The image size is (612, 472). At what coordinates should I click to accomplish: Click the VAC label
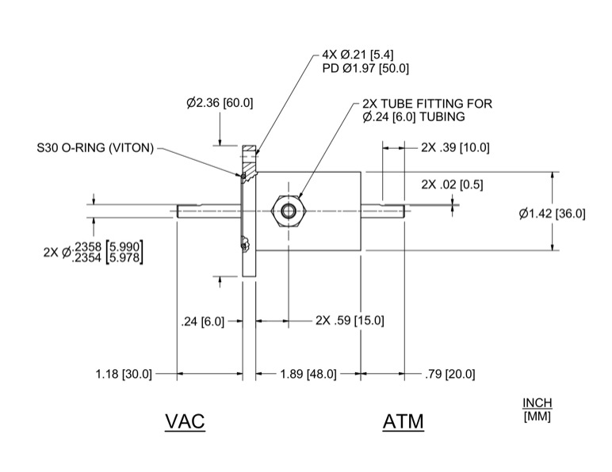[185, 421]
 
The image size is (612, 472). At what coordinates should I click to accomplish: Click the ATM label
[403, 422]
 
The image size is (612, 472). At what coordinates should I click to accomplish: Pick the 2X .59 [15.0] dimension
[350, 321]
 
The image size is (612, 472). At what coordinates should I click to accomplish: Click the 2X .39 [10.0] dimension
[455, 147]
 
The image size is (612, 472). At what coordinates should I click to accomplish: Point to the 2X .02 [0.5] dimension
[452, 185]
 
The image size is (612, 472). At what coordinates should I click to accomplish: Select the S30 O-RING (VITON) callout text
[95, 147]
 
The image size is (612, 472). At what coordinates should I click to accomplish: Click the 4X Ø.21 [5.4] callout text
[359, 55]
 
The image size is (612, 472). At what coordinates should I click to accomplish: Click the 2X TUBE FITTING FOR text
[427, 104]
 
